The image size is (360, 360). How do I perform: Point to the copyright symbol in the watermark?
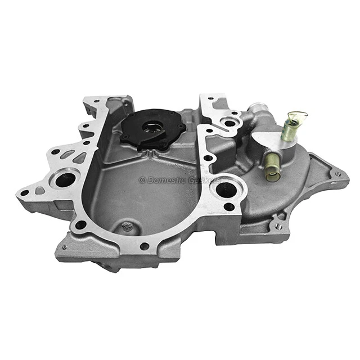(x=142, y=181)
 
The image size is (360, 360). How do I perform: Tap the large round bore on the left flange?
(x=65, y=179)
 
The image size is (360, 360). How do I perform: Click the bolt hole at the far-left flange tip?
(x=25, y=193)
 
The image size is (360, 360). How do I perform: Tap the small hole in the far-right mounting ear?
(x=337, y=174)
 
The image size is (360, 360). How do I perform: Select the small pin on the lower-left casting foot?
(x=64, y=247)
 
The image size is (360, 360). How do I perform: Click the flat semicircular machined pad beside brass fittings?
(x=251, y=138)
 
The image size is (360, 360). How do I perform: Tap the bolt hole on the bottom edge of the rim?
(x=145, y=246)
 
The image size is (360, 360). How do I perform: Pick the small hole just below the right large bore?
(x=229, y=206)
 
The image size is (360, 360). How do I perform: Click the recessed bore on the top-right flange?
(x=230, y=122)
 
